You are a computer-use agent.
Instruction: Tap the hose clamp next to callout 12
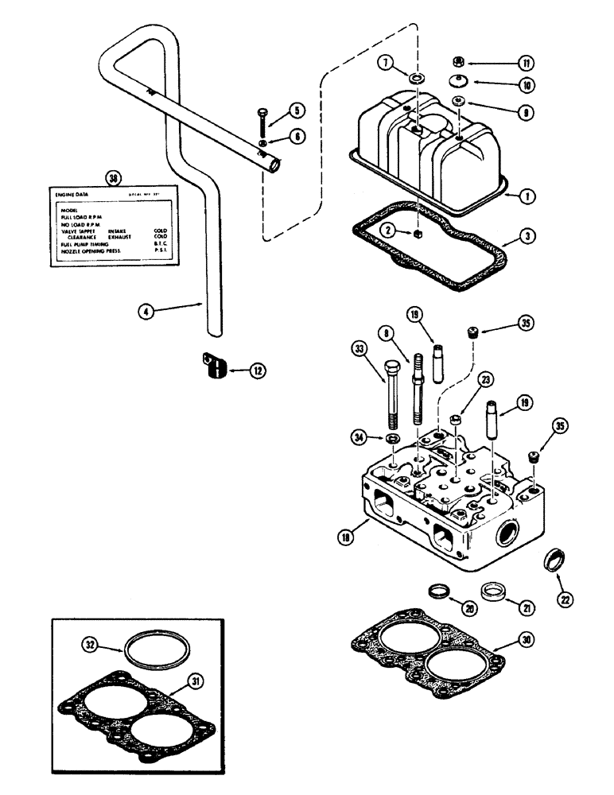click(x=211, y=367)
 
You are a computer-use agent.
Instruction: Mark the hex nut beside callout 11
click(x=459, y=61)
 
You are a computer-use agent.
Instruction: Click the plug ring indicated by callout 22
click(x=553, y=560)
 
